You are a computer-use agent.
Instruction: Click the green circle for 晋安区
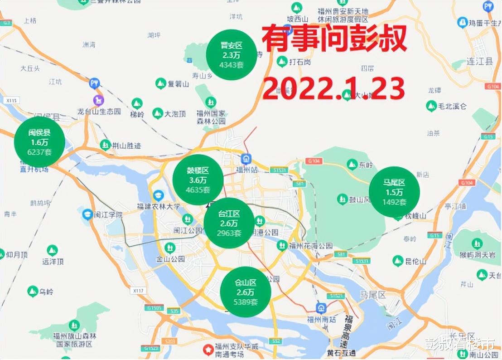(x=231, y=55)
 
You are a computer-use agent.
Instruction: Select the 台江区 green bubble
(x=229, y=223)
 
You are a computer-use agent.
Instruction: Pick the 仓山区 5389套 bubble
(x=246, y=291)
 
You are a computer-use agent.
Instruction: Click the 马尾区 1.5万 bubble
(x=394, y=192)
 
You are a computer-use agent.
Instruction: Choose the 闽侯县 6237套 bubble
(x=39, y=141)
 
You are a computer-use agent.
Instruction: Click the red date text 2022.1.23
(x=333, y=88)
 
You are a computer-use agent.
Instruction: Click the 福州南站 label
(x=321, y=319)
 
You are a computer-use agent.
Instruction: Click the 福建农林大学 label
(x=159, y=206)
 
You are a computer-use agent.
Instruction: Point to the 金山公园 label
(x=170, y=259)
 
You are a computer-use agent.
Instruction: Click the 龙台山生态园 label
(x=99, y=111)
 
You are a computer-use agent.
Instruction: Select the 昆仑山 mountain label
(x=415, y=261)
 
